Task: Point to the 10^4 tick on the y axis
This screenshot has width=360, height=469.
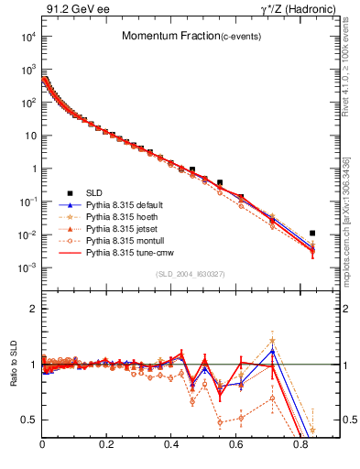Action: (28, 37)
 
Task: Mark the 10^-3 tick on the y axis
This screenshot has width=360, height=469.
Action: (28, 267)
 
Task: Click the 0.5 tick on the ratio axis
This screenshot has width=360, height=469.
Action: (30, 420)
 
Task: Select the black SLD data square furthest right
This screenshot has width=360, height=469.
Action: (313, 234)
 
